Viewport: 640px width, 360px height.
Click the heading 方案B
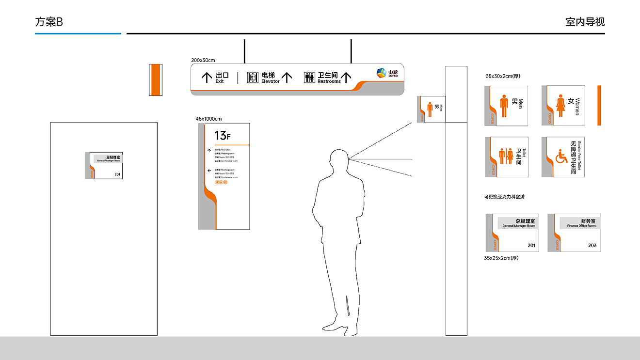[49, 22]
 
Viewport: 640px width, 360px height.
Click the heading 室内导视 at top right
[585, 22]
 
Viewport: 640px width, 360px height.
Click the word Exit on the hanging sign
[220, 81]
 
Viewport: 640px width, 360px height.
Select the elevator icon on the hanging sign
[253, 78]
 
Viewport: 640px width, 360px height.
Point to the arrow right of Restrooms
[346, 77]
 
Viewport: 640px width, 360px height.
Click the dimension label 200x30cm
[203, 60]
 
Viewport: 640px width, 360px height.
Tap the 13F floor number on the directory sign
[223, 135]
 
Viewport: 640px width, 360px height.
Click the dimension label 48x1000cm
[208, 119]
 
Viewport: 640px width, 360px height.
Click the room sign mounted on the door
[104, 166]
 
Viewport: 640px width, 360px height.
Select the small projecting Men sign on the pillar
[432, 109]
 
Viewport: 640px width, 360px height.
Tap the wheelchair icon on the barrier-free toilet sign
[561, 157]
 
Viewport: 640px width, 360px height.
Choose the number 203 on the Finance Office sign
[592, 246]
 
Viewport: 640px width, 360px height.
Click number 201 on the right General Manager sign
[531, 246]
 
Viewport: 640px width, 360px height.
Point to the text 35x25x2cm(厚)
[501, 258]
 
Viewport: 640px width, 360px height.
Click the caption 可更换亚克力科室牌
[504, 197]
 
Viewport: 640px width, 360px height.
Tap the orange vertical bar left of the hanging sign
[155, 79]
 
